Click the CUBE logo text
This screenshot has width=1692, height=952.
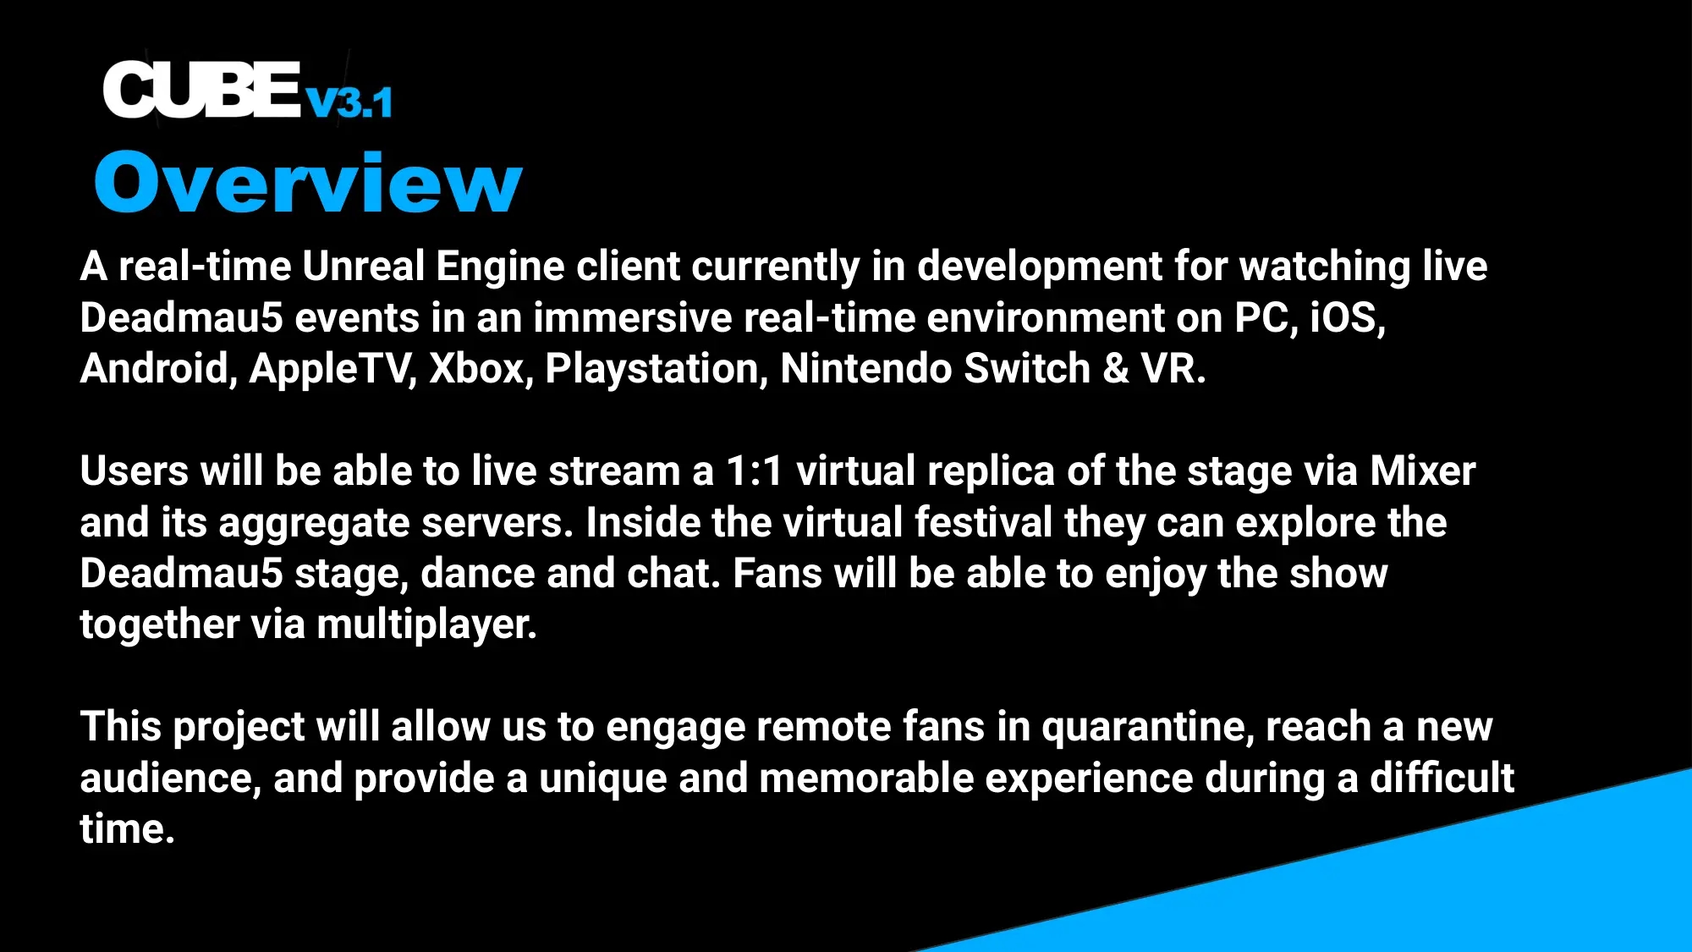pos(201,90)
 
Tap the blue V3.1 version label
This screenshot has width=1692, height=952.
pos(349,103)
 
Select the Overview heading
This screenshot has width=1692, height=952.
pos(308,182)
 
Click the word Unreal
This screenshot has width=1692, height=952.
pos(363,267)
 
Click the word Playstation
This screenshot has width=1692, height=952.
pos(656,369)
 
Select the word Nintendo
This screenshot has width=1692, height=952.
pos(865,369)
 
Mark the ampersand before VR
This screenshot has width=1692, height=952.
pos(1116,369)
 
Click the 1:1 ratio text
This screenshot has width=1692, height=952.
pos(755,471)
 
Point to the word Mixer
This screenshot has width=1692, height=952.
pos(1422,471)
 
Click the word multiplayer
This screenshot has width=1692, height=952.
pos(426,625)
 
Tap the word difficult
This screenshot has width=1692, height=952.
pos(1442,779)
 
